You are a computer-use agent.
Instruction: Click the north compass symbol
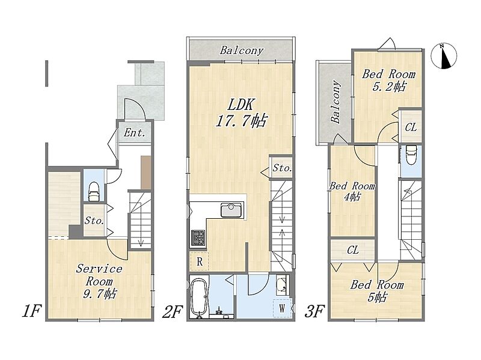point(444,56)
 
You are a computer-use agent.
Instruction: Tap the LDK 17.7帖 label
point(241,113)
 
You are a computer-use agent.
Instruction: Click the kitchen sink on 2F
point(231,210)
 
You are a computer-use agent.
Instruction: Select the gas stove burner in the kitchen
point(198,237)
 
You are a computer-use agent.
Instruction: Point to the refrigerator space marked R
point(200,261)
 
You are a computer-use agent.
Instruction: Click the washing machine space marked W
point(281,308)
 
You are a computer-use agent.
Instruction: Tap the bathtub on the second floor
point(199,297)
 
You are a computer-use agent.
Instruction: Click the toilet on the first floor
point(94,191)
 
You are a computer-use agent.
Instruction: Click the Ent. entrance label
point(134,132)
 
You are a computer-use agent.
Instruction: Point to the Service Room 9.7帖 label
point(99,281)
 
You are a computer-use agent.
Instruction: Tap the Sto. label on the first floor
point(94,221)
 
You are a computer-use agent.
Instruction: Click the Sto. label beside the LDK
point(282,168)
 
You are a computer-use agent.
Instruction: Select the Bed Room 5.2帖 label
point(388,80)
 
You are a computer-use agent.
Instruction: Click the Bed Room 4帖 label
point(352,191)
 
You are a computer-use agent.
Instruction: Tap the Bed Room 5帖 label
point(377,291)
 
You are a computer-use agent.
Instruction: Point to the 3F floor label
point(314,311)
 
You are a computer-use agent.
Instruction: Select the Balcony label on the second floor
point(242,50)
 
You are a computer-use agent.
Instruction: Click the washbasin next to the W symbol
point(281,284)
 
